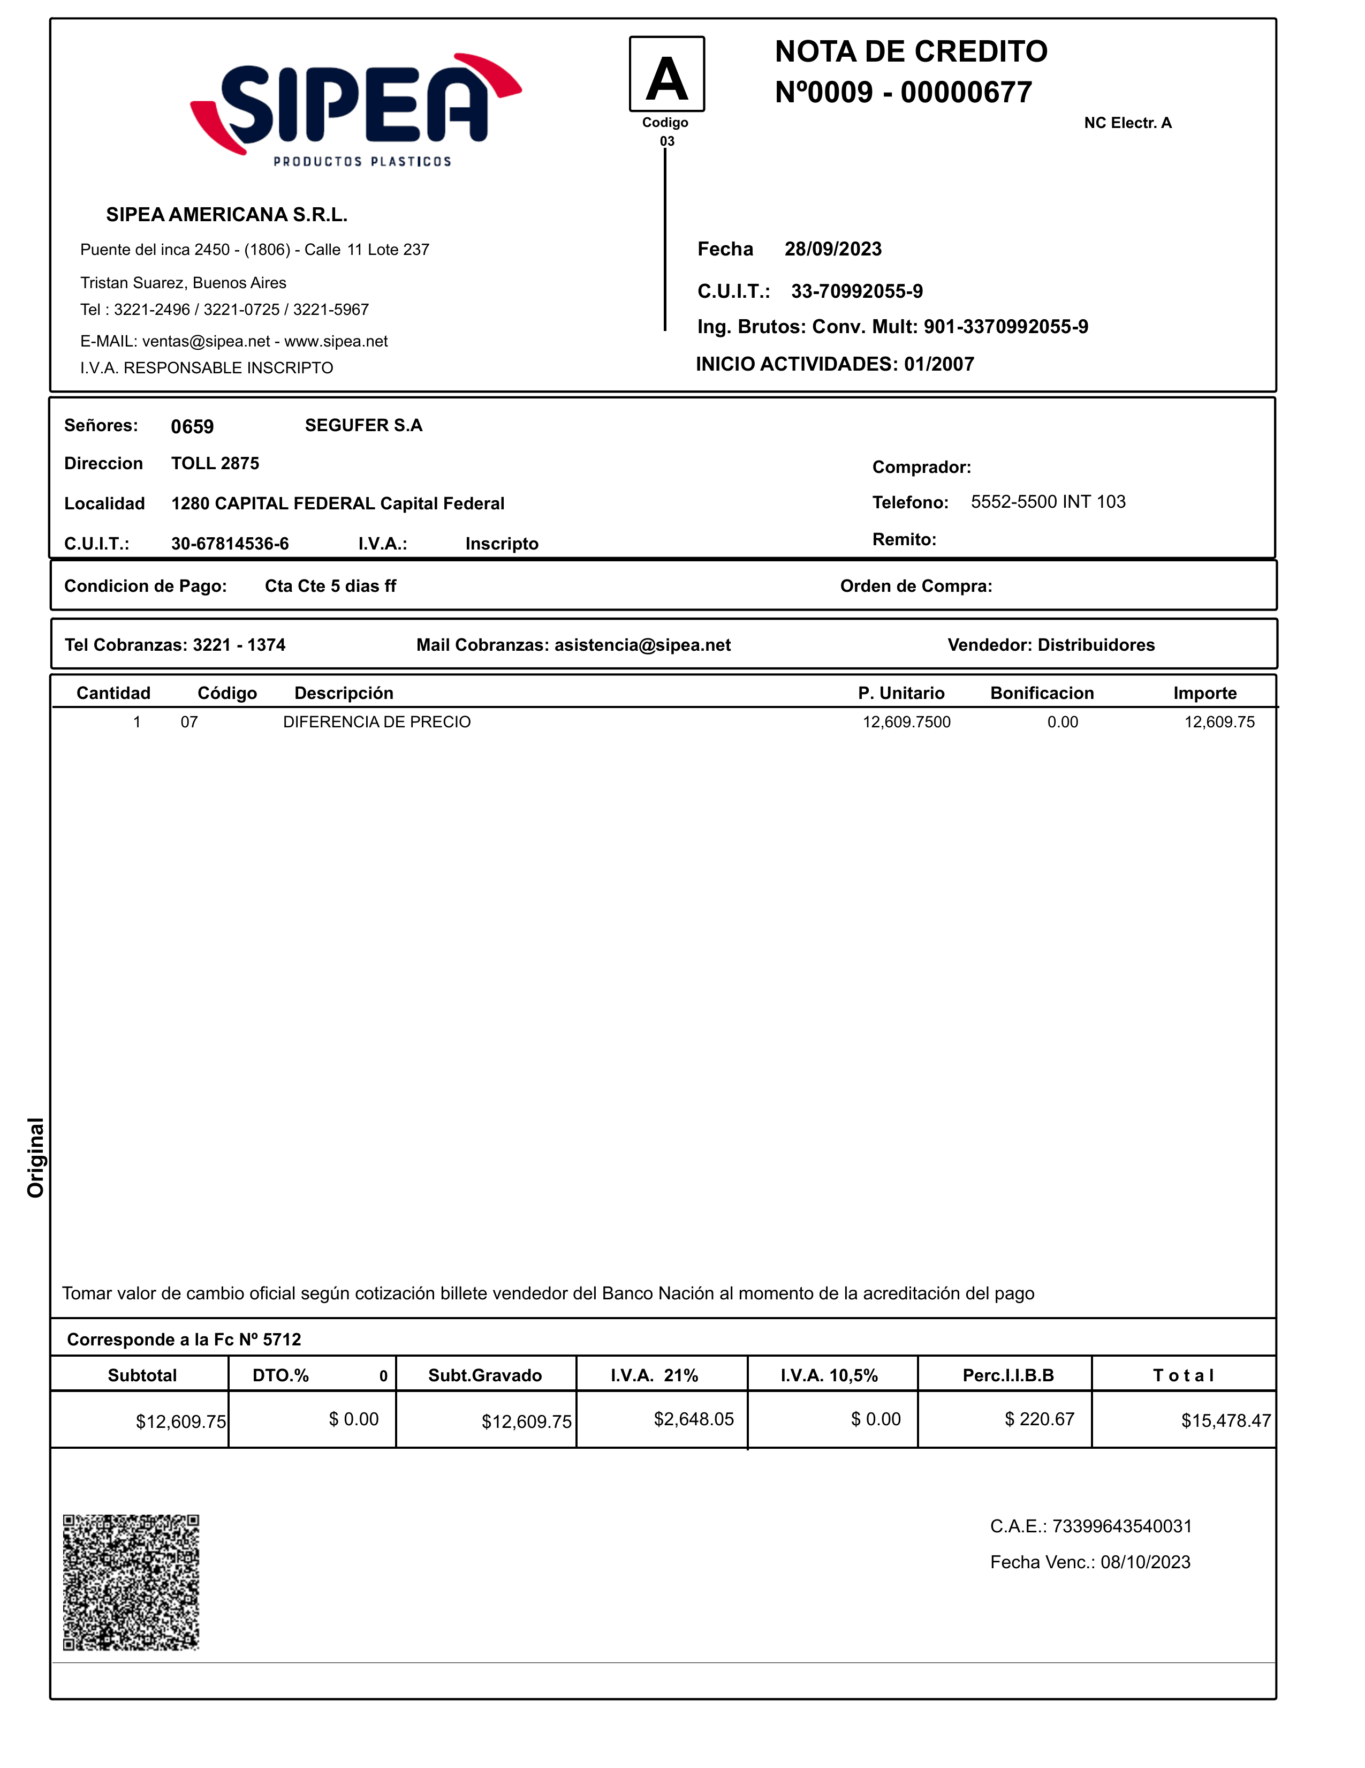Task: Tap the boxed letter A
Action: [667, 74]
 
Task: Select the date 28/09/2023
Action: [832, 250]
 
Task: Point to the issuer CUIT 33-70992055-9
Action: [857, 291]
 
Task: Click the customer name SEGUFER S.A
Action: [363, 426]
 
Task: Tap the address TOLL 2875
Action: [215, 464]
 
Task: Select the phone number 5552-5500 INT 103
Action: [1048, 502]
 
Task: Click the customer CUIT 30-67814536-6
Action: [230, 544]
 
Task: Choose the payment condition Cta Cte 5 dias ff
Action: [330, 586]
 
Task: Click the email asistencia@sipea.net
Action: [642, 645]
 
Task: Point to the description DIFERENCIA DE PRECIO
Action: [376, 722]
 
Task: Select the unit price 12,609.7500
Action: [906, 722]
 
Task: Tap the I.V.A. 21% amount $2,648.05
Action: [693, 1419]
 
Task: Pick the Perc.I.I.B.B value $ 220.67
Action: [1039, 1419]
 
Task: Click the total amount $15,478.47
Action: [1225, 1421]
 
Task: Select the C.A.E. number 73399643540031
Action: [1121, 1527]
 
